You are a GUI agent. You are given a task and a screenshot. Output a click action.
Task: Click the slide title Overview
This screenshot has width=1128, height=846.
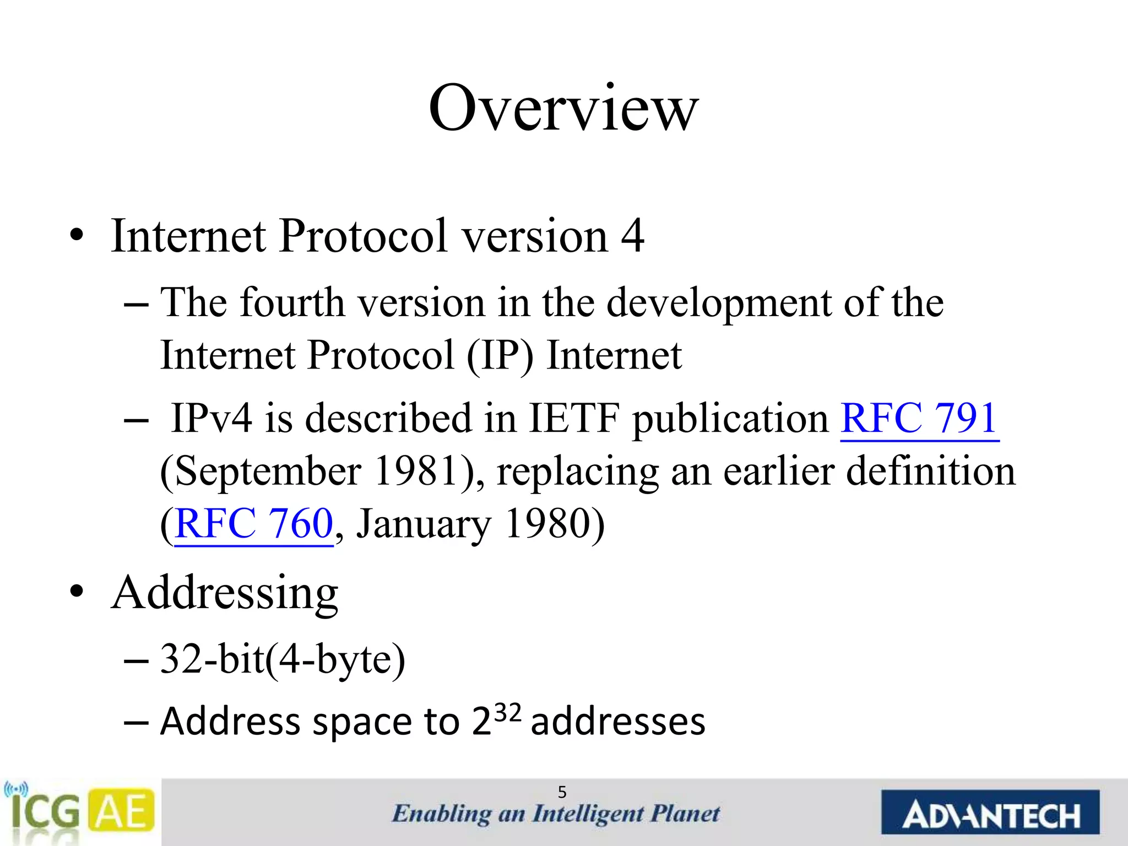pyautogui.click(x=563, y=109)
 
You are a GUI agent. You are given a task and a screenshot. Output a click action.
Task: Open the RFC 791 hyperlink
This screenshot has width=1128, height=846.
pyautogui.click(x=919, y=418)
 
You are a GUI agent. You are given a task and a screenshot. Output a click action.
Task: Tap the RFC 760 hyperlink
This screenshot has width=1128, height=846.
pyautogui.click(x=254, y=523)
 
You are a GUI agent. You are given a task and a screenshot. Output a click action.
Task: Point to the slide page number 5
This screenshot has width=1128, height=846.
pyautogui.click(x=562, y=792)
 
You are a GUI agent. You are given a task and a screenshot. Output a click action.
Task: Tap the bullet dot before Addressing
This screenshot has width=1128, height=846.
pyautogui.click(x=77, y=592)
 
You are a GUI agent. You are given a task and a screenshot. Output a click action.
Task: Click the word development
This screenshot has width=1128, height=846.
pyautogui.click(x=719, y=303)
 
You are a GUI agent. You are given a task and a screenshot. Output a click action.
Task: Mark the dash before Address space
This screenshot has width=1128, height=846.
pyautogui.click(x=136, y=722)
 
